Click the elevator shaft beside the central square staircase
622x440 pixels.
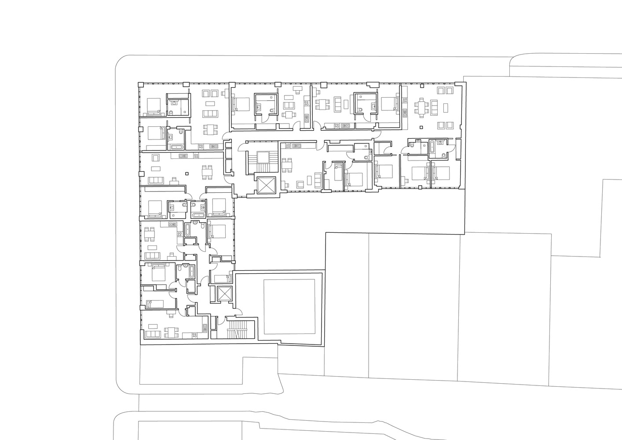click(265, 185)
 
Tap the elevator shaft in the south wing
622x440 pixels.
click(224, 294)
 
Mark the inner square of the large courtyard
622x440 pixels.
click(289, 307)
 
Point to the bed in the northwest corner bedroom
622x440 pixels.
click(154, 106)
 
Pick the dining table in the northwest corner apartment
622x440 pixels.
click(210, 130)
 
